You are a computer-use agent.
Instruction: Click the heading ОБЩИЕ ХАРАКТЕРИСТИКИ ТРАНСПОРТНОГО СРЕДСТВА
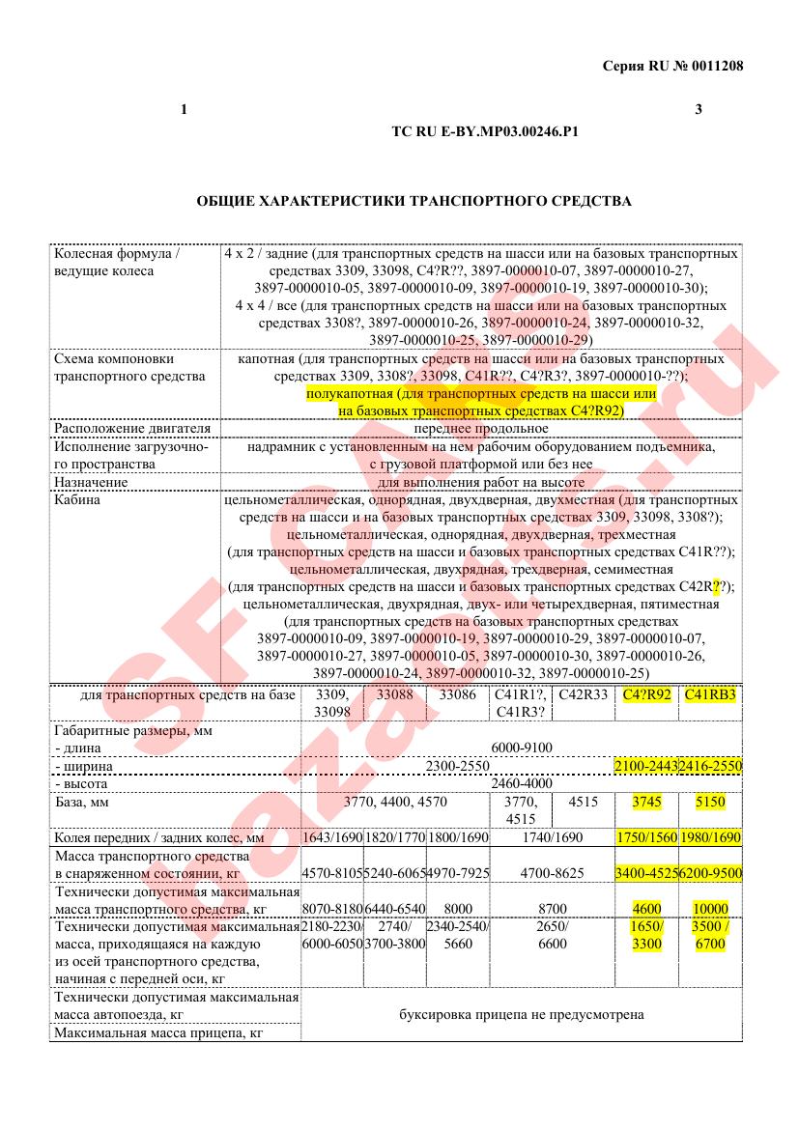(414, 201)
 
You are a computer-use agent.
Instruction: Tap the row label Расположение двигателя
(119, 428)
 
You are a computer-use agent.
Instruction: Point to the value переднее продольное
(480, 428)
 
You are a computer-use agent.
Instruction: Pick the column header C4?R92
(647, 693)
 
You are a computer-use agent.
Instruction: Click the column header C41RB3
(710, 693)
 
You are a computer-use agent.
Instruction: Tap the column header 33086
(457, 693)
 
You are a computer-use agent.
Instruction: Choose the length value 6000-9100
(522, 748)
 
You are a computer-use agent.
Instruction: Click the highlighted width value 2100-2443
(646, 766)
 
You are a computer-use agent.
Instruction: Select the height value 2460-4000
(522, 783)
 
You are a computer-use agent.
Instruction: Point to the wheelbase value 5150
(710, 802)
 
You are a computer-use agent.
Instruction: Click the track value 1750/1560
(646, 837)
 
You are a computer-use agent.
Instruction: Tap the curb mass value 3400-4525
(646, 873)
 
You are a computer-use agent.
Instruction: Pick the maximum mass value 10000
(710, 909)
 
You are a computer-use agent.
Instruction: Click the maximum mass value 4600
(646, 909)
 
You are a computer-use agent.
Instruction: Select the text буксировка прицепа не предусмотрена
(522, 1015)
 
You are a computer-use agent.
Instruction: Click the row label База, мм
(88, 802)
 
